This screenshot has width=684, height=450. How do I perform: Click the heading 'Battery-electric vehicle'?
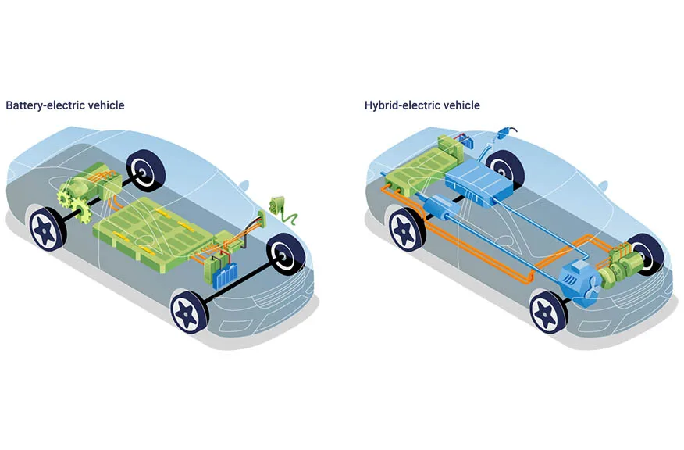point(65,105)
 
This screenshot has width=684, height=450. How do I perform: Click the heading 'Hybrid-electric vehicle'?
point(422,105)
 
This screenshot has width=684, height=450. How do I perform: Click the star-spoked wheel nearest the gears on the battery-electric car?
point(46,227)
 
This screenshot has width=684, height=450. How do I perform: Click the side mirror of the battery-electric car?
point(244,186)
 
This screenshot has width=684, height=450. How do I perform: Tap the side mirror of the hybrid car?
point(603,186)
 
